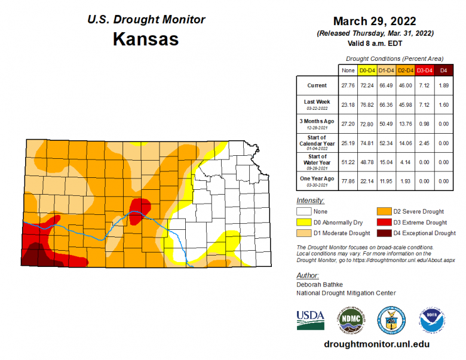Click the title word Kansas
click(x=145, y=40)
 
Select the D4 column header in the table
click(x=443, y=70)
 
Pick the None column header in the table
click(x=348, y=70)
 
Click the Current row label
click(x=317, y=85)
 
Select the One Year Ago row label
click(x=317, y=179)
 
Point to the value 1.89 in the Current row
click(x=443, y=85)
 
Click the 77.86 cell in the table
click(x=348, y=180)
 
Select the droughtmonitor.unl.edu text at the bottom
click(x=376, y=344)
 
